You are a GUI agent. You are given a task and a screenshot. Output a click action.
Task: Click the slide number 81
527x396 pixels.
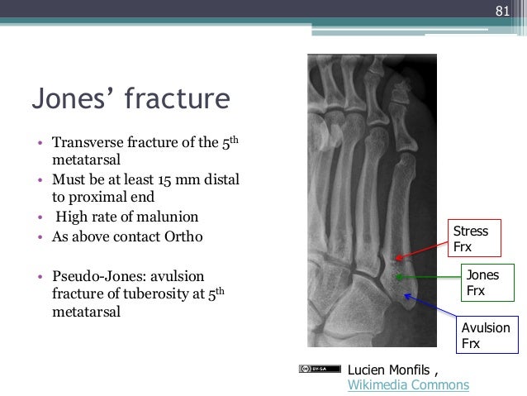pyautogui.click(x=501, y=12)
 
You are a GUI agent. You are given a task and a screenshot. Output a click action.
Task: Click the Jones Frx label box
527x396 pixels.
pyautogui.click(x=487, y=283)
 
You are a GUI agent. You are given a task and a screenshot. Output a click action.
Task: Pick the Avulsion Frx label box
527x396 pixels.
pyautogui.click(x=485, y=336)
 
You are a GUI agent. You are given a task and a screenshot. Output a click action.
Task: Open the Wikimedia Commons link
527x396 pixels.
pyautogui.click(x=408, y=384)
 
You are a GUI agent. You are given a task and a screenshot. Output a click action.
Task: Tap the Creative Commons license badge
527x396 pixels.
pyautogui.click(x=319, y=369)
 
